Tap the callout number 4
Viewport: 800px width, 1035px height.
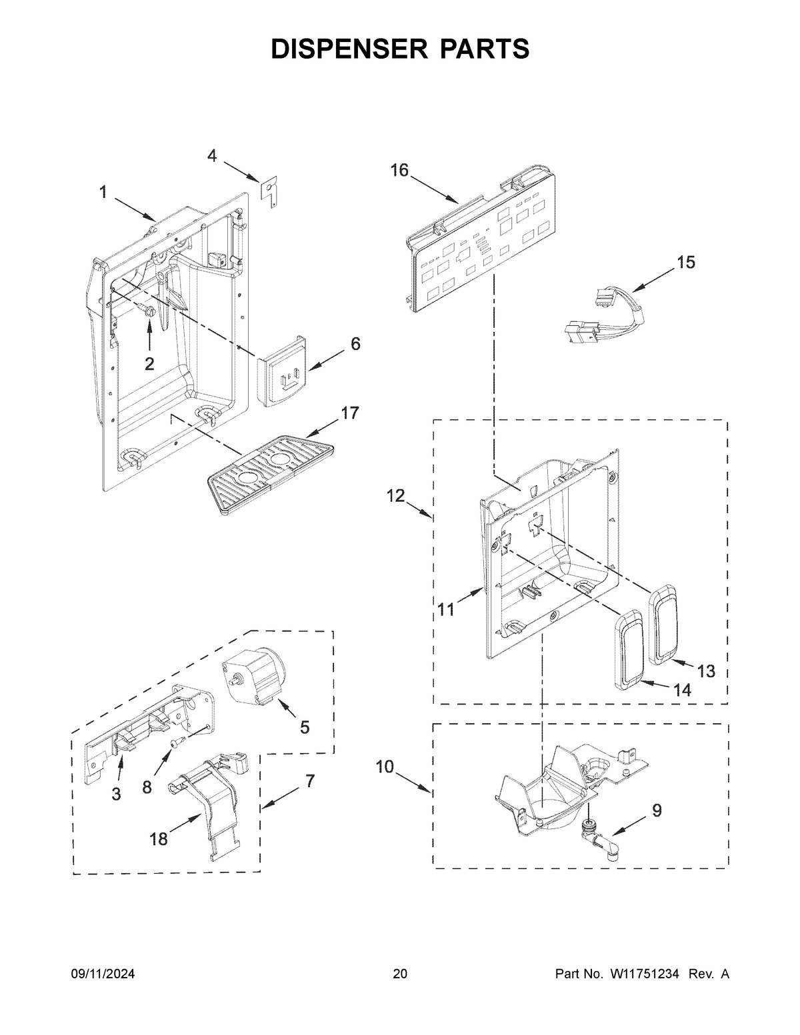[x=212, y=156]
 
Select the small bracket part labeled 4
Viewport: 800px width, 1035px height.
[x=269, y=191]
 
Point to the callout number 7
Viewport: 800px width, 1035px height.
[x=310, y=782]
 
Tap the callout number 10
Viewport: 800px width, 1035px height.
[x=385, y=767]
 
